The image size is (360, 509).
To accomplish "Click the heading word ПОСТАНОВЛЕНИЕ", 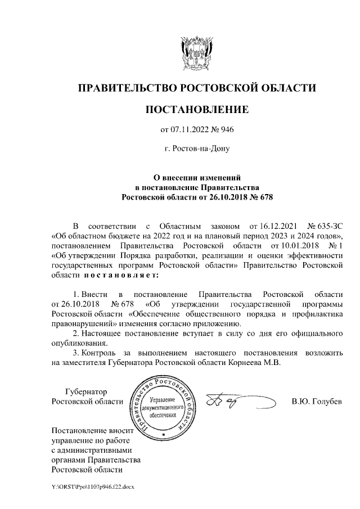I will tap(196, 109).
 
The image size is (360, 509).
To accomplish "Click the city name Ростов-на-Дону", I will tap(196, 150).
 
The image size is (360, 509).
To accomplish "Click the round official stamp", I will tap(163, 408).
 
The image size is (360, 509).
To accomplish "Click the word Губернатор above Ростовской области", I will tap(85, 391).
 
